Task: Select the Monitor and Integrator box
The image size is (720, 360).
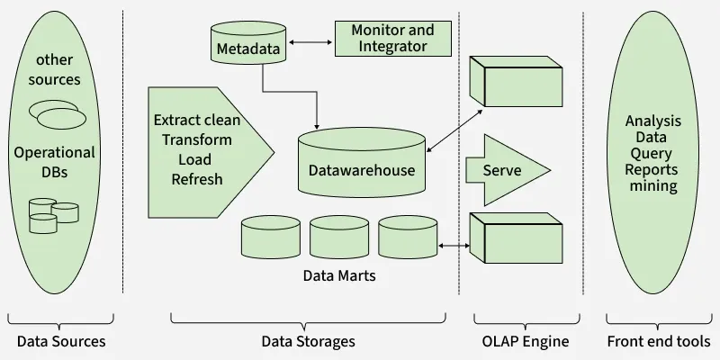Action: click(392, 38)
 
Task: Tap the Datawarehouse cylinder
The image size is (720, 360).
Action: click(361, 162)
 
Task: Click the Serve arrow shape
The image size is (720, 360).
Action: click(503, 170)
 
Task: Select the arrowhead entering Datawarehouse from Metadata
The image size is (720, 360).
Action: click(318, 124)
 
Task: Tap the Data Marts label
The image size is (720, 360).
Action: click(339, 275)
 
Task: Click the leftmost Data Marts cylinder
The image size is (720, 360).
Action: click(269, 238)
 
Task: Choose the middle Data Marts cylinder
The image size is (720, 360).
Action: click(338, 238)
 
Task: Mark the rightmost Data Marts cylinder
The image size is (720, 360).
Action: click(407, 238)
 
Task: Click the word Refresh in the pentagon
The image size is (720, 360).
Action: click(197, 178)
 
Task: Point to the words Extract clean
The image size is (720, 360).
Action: click(198, 120)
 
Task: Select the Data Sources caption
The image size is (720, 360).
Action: click(61, 341)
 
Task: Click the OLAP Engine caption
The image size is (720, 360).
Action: click(526, 341)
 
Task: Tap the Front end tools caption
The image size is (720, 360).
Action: click(659, 341)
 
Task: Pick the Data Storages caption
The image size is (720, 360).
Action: click(308, 341)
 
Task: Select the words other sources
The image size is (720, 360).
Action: click(58, 69)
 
